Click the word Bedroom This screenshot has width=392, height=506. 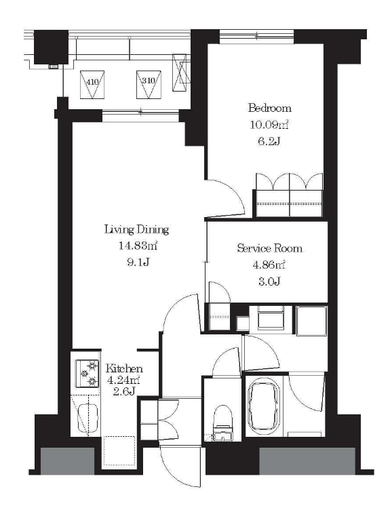(x=270, y=108)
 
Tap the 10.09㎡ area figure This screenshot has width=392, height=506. (x=269, y=125)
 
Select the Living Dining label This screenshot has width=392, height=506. (x=136, y=229)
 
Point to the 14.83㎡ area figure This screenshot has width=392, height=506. (x=138, y=246)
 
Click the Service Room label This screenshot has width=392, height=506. (x=270, y=248)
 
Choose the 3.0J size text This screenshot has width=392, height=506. (x=269, y=281)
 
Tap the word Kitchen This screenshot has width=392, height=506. (x=124, y=368)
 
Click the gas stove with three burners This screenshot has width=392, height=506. (x=87, y=373)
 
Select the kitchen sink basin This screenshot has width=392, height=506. (x=87, y=418)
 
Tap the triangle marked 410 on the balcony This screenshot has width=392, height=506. (x=92, y=85)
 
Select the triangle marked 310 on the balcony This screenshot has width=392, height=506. (x=149, y=85)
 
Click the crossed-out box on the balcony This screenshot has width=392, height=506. (x=180, y=73)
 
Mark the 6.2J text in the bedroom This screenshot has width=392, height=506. (x=269, y=141)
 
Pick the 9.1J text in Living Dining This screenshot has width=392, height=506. (x=138, y=262)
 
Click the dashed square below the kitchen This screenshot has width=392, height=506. (x=119, y=451)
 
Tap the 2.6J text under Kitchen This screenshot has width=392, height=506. (x=124, y=392)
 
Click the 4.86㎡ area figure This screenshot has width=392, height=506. (x=269, y=265)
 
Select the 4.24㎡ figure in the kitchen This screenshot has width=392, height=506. (x=123, y=380)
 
